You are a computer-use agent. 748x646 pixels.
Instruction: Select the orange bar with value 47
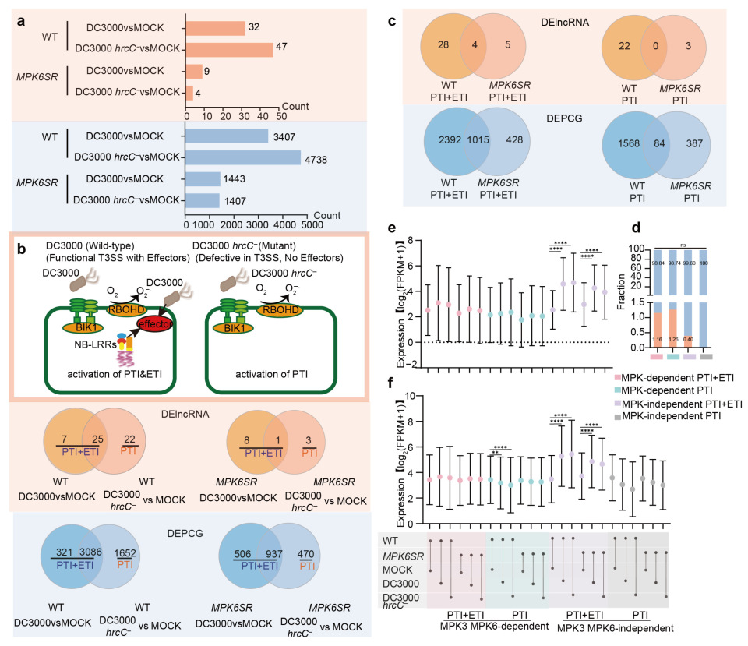point(230,49)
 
